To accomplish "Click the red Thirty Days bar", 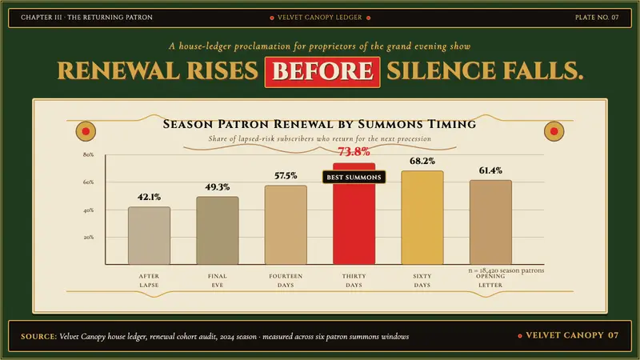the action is [x=354, y=214].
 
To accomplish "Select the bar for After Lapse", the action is [x=149, y=235].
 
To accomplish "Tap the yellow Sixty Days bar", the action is [x=422, y=218].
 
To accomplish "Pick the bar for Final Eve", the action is [x=217, y=230].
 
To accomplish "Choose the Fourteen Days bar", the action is [x=286, y=225].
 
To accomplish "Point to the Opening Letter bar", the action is [x=490, y=222].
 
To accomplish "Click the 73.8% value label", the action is [x=354, y=152].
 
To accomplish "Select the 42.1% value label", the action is [x=149, y=197].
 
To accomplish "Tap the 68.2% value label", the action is [x=422, y=162].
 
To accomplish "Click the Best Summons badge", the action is [x=354, y=177].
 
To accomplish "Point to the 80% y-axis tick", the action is [x=89, y=154].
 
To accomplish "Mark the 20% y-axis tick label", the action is [x=89, y=237].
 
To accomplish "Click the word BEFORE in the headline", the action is [x=322, y=72].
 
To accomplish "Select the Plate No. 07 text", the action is [x=597, y=18].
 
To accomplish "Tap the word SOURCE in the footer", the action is [x=38, y=337].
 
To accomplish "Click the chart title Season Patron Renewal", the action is [x=319, y=124].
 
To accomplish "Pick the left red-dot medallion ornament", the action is [x=86, y=131].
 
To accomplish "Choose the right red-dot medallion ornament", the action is [x=554, y=131].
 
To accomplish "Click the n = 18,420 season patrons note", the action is [x=506, y=270].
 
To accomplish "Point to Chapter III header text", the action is [x=86, y=18].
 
